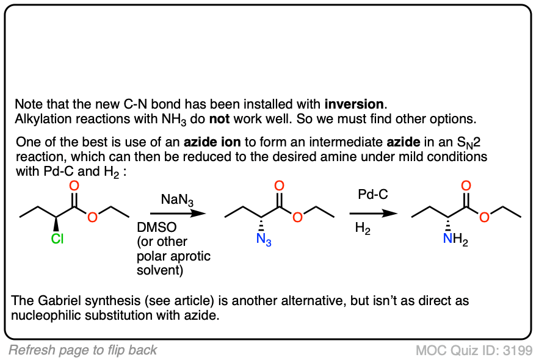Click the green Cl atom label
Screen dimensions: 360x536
[57, 239]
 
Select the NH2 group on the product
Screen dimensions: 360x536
[455, 240]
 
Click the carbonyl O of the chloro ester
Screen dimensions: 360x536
[73, 185]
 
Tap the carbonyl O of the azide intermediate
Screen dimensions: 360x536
[279, 185]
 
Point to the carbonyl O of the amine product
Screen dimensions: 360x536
[466, 185]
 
